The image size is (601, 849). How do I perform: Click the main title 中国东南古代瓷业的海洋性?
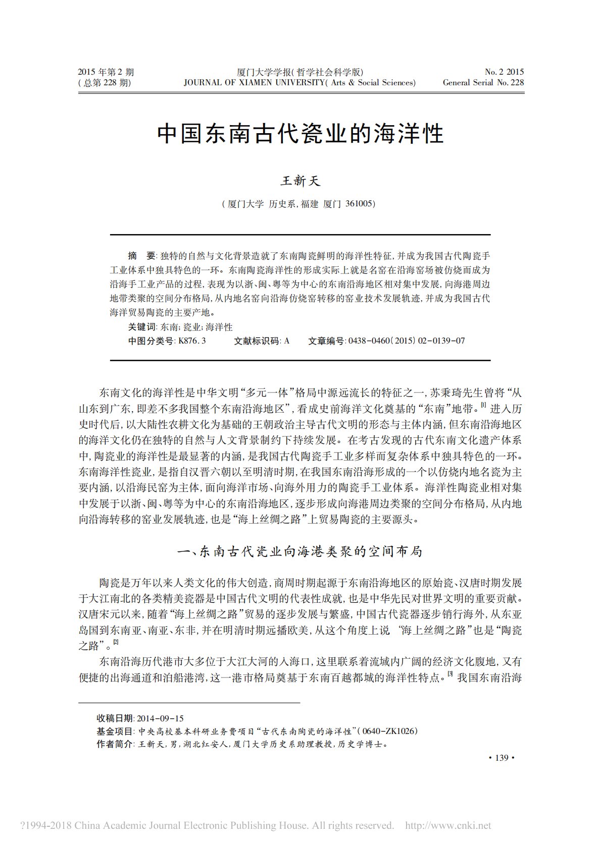click(300, 134)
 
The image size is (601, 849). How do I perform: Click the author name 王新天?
click(300, 181)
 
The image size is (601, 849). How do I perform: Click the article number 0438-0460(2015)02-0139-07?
click(407, 341)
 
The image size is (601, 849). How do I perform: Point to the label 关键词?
click(142, 327)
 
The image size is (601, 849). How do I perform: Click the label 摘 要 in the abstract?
click(142, 256)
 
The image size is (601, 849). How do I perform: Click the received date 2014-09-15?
click(160, 718)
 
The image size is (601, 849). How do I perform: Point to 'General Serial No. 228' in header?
click(483, 83)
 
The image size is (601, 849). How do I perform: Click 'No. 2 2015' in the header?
click(504, 72)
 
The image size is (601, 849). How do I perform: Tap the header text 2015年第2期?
click(106, 72)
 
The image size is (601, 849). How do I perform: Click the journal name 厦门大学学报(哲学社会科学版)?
click(300, 72)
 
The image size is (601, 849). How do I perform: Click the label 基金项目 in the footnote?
click(114, 731)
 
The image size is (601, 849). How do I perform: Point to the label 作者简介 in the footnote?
click(114, 744)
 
